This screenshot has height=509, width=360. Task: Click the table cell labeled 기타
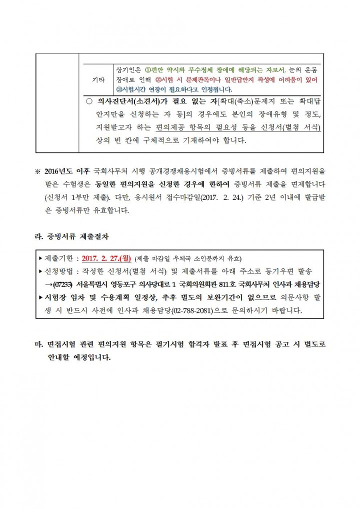pos(98,79)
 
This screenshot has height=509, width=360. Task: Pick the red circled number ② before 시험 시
pos(158,79)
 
